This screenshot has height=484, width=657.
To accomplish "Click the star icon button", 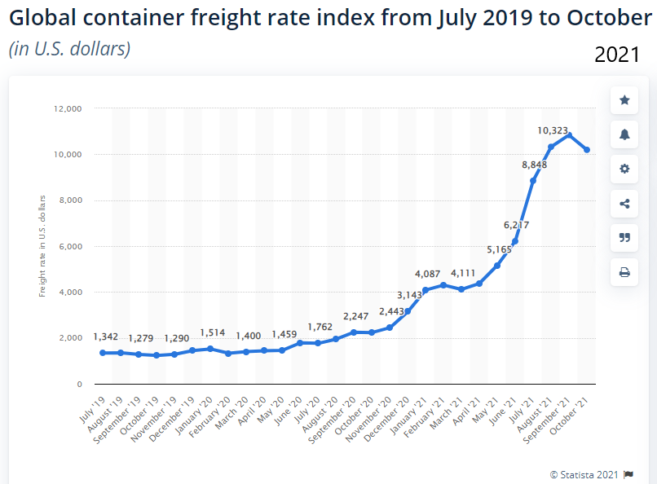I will click(x=624, y=100).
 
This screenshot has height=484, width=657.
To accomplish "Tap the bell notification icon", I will click(x=624, y=134).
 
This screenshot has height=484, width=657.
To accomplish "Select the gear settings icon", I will click(x=624, y=169).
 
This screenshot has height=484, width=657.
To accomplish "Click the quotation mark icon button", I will click(x=624, y=237).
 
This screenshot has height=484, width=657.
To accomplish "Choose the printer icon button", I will click(x=624, y=272).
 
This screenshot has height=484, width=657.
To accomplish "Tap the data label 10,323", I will click(x=552, y=130).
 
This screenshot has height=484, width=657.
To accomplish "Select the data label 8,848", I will click(x=534, y=165).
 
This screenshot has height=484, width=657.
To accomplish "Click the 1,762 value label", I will click(x=320, y=328).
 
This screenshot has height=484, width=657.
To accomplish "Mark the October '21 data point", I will click(x=587, y=150).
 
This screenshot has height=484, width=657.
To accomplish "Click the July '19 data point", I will click(x=103, y=353).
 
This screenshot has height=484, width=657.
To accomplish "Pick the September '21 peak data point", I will click(x=569, y=135).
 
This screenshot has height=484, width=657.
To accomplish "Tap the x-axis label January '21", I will click(x=411, y=416).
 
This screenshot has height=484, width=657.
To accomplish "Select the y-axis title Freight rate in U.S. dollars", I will click(x=42, y=245).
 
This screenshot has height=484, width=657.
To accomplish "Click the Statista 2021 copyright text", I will click(x=585, y=473).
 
